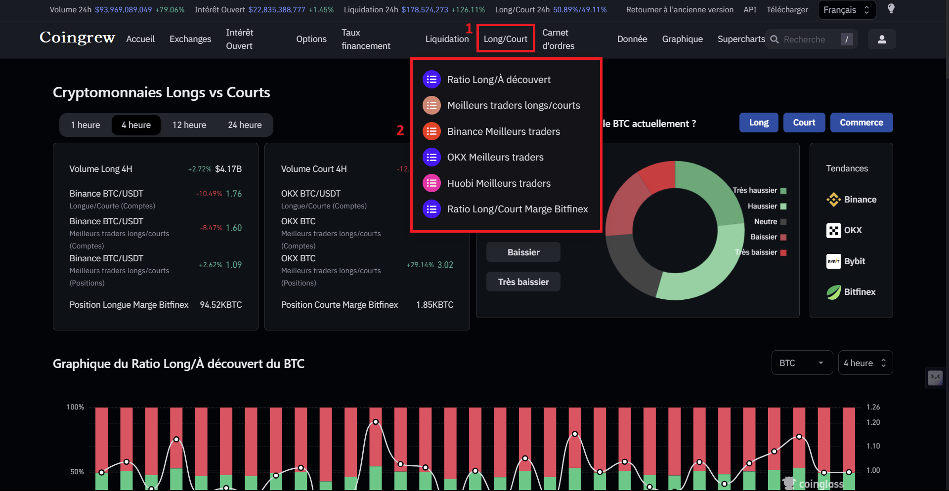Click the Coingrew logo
[x=77, y=38]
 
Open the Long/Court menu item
[x=505, y=39]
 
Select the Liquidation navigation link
[x=447, y=39]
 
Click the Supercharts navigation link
[x=741, y=39]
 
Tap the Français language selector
[x=846, y=10]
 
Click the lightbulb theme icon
[x=891, y=9]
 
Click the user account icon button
[x=881, y=39]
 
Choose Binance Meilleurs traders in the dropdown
[x=503, y=131]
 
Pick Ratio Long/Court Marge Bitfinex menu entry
[x=517, y=209]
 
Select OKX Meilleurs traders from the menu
[x=495, y=157]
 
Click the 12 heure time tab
[x=189, y=125]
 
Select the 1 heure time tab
[x=86, y=125]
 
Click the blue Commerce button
[x=861, y=123]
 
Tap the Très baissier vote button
[x=523, y=282]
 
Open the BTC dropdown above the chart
[x=802, y=363]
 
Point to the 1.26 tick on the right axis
[x=873, y=407]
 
